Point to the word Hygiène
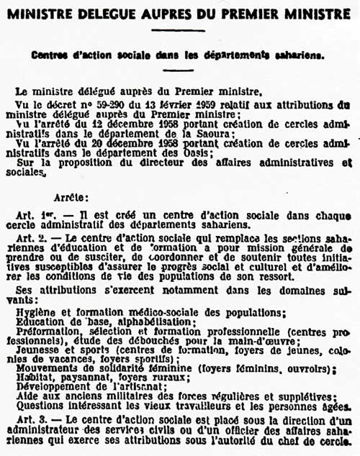click(34, 311)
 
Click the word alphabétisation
click(147, 322)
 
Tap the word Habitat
click(32, 378)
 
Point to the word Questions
click(40, 406)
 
